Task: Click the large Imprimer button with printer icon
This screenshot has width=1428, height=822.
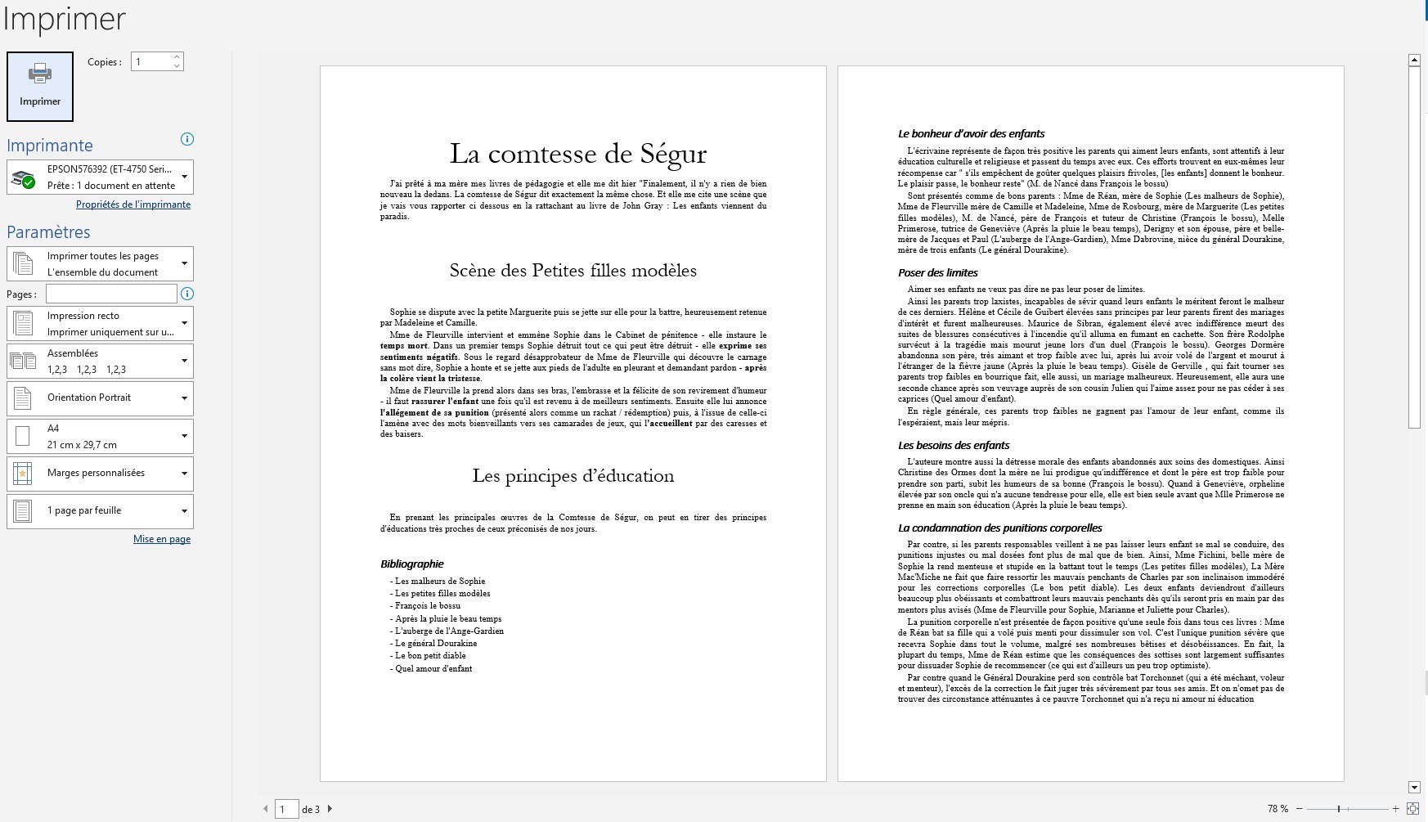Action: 40,86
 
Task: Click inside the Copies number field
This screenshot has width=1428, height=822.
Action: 151,62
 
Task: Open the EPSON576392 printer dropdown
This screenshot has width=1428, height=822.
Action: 100,177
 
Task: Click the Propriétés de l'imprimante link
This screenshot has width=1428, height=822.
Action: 133,204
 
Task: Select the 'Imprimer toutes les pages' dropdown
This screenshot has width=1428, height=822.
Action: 100,263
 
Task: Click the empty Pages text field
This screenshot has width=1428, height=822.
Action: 111,294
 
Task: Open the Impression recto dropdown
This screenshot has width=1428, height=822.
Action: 100,323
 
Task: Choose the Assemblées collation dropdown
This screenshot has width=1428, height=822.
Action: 100,361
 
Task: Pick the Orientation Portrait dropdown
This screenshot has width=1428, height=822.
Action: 100,398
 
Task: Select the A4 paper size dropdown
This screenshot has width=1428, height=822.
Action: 100,436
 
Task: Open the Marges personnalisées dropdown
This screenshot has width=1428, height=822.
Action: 100,473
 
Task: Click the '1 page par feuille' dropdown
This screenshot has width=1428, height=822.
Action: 100,510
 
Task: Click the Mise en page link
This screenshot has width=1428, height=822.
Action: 162,539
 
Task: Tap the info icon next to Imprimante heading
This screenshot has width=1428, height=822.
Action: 186,139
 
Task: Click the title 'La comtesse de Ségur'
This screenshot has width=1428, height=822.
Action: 577,154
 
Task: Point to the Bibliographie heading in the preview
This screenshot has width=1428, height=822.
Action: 411,564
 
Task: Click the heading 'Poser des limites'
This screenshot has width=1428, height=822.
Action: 937,272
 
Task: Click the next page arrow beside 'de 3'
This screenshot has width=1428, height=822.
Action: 330,809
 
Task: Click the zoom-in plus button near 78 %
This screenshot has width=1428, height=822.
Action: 1395,809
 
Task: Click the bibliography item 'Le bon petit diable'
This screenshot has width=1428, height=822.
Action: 430,656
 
